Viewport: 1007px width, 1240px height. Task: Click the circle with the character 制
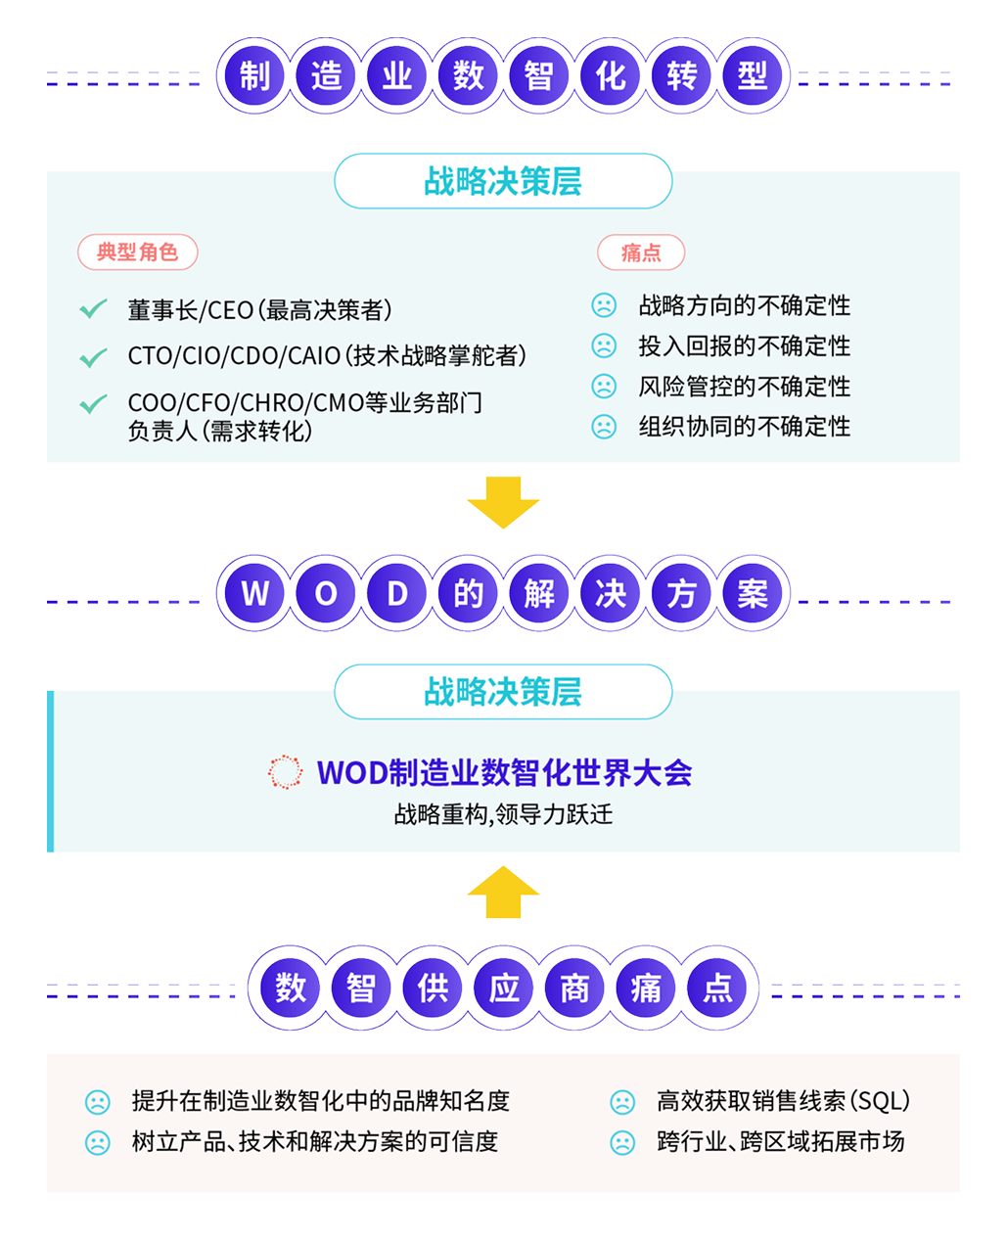click(254, 75)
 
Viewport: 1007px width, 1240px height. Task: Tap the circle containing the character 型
click(753, 75)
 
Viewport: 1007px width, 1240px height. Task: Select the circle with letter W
click(254, 593)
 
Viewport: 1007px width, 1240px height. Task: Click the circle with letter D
click(397, 593)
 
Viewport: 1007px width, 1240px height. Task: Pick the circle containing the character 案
click(753, 593)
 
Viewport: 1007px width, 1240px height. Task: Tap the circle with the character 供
click(433, 987)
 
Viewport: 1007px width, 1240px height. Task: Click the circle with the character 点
click(717, 987)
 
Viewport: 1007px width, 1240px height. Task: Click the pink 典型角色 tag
click(138, 253)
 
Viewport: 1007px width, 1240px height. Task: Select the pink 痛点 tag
click(641, 253)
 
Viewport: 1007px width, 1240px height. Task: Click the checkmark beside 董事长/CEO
click(93, 310)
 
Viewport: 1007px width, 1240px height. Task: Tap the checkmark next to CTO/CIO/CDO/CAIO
click(93, 357)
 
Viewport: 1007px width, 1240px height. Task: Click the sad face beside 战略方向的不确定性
click(604, 306)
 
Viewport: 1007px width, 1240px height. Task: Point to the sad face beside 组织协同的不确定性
click(604, 427)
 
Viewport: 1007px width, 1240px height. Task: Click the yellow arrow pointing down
click(503, 502)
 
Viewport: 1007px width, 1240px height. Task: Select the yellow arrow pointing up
click(503, 892)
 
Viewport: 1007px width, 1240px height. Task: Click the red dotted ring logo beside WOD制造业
click(285, 772)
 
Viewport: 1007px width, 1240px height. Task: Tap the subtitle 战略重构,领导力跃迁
click(503, 814)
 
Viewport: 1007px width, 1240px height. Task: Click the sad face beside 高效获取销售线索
click(622, 1102)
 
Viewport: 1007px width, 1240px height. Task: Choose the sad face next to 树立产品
click(98, 1142)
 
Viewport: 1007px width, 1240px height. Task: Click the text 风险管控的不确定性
click(744, 387)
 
